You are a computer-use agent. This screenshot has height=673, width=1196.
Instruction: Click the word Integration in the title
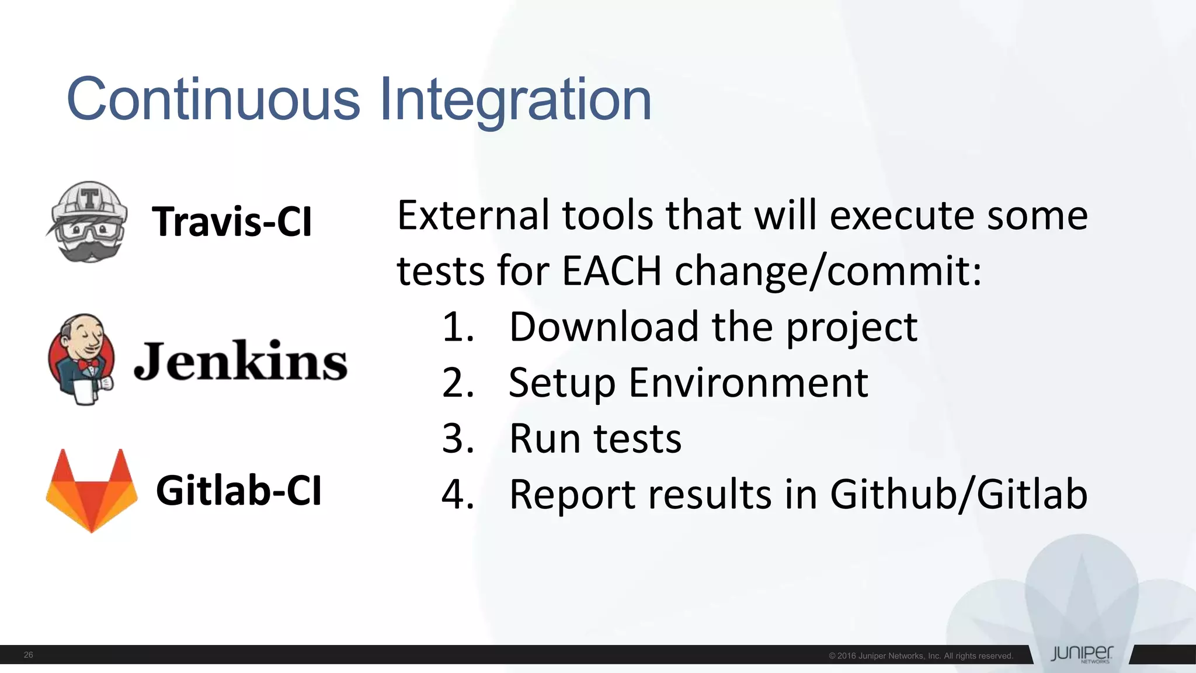[515, 100]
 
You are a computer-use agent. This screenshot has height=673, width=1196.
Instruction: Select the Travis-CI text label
[232, 222]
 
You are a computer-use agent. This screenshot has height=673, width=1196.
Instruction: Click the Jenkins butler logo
[82, 359]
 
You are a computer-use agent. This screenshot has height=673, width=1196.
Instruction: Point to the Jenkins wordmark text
[241, 361]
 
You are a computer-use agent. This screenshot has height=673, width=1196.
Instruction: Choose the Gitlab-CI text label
[238, 491]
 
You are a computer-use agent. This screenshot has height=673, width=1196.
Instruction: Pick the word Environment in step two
[748, 383]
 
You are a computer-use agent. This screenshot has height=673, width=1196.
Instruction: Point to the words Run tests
[595, 439]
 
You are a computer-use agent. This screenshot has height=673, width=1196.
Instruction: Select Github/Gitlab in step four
[958, 494]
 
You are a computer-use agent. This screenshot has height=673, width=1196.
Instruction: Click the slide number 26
[28, 655]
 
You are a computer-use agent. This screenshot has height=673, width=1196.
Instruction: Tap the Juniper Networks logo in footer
[1082, 654]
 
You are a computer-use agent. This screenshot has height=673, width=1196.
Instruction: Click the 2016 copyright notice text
[920, 656]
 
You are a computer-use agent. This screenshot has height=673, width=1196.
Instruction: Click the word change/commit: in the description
[828, 272]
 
